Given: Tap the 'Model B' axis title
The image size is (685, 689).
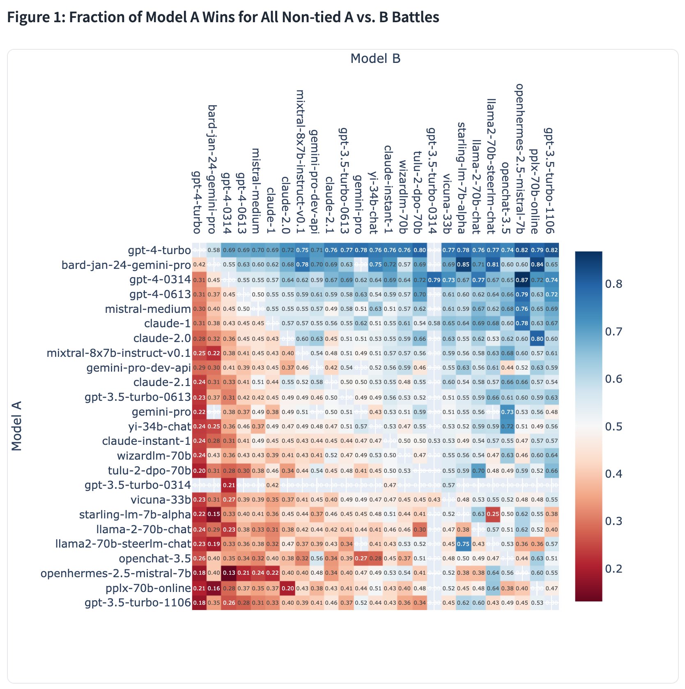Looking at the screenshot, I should [x=375, y=59].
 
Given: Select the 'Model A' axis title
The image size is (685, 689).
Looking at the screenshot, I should [x=16, y=426].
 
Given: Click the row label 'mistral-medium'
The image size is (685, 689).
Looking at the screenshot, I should [x=148, y=309].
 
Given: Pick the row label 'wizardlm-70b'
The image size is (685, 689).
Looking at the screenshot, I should [x=154, y=455].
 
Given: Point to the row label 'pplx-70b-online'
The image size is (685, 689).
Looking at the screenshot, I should [x=148, y=588].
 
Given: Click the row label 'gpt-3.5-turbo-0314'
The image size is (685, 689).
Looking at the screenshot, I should [x=138, y=485].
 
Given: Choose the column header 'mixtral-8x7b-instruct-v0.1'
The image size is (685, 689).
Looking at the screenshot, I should [x=301, y=162].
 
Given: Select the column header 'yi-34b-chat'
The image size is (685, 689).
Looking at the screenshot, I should [x=373, y=203].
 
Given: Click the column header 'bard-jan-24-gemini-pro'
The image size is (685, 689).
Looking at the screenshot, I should [x=212, y=169].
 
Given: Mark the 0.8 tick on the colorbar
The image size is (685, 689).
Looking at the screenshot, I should [x=614, y=284].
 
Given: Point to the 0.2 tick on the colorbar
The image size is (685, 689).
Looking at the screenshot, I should [x=614, y=569].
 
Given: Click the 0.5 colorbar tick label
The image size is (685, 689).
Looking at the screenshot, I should [x=614, y=426].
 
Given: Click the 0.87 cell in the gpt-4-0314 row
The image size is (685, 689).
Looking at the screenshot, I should [x=522, y=280].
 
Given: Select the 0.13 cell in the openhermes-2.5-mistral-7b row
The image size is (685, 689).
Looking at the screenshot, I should [x=229, y=573].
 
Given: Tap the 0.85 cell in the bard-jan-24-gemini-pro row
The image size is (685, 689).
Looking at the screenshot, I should [x=463, y=265].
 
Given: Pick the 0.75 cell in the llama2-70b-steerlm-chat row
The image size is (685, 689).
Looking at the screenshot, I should [x=463, y=544].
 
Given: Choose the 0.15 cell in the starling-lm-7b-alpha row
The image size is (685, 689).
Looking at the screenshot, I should [x=214, y=514].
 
